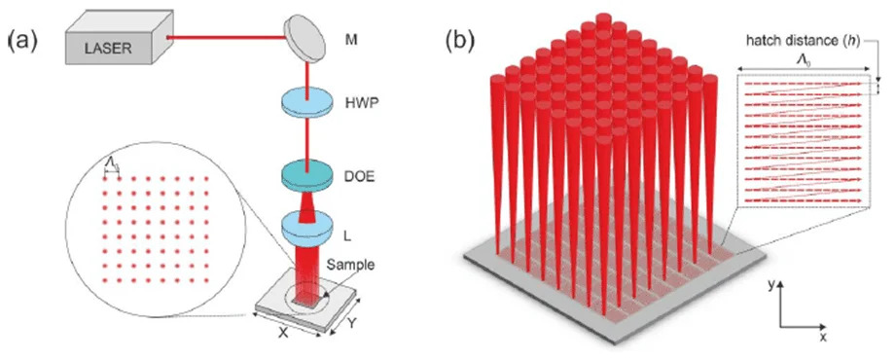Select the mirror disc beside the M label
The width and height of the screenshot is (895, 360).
(x=304, y=38)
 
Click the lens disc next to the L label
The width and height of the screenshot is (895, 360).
(x=307, y=227)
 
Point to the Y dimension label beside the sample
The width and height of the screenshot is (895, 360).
(x=352, y=323)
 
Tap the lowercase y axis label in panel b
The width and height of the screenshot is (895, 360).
(x=781, y=285)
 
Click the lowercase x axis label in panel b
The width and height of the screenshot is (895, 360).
(x=824, y=338)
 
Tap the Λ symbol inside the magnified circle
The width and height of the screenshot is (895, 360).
(x=113, y=165)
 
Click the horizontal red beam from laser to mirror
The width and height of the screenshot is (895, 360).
(x=227, y=38)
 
